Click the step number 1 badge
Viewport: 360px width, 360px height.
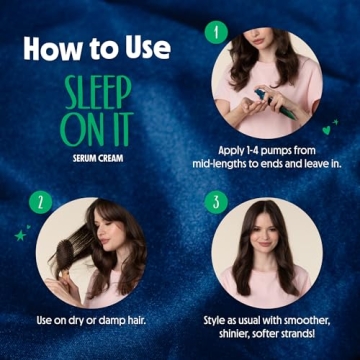[211, 30]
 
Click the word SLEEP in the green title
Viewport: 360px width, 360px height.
[97, 94]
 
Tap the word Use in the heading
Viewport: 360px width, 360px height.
[146, 47]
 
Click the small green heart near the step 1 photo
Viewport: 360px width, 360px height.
[327, 129]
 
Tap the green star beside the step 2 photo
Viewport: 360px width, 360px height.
[19, 234]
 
